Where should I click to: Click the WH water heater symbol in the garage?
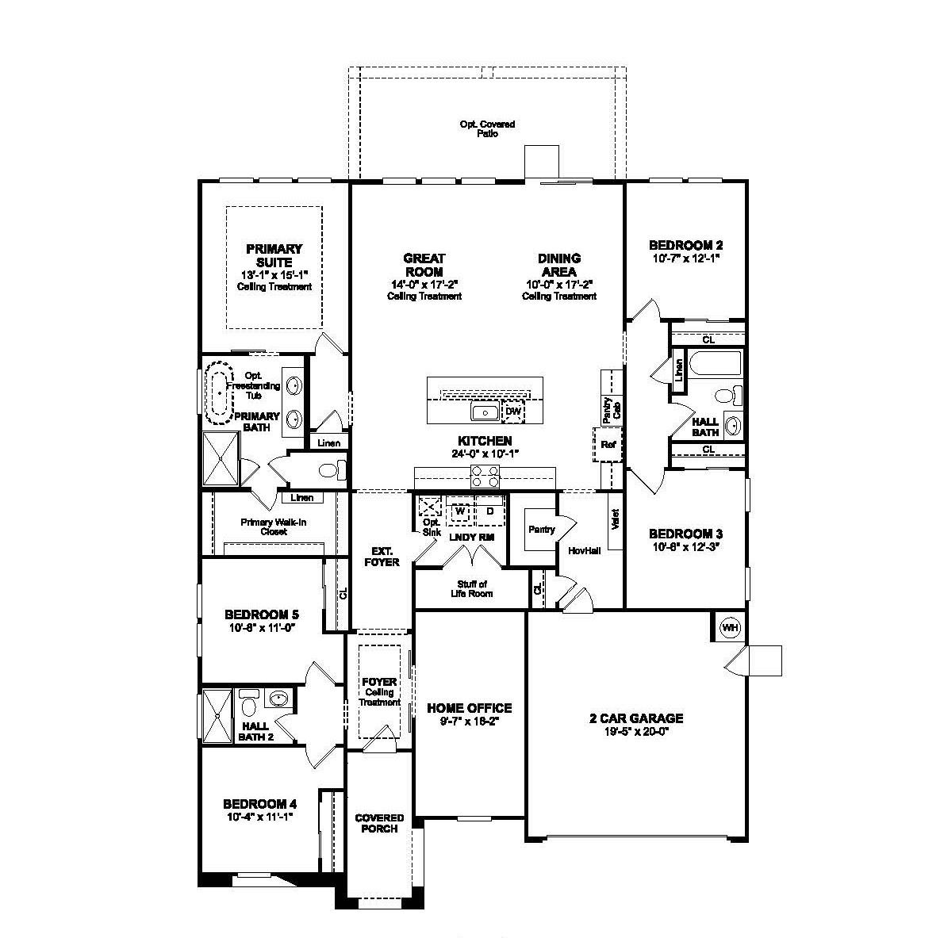pyautogui.click(x=729, y=628)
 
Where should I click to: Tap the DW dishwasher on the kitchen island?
pyautogui.click(x=513, y=412)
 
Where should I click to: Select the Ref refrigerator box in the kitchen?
pyautogui.click(x=608, y=445)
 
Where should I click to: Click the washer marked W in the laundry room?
pyautogui.click(x=459, y=511)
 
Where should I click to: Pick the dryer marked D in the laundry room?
pyautogui.click(x=490, y=511)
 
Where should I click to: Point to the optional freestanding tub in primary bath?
pyautogui.click(x=218, y=392)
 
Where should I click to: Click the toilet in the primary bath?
pyautogui.click(x=331, y=470)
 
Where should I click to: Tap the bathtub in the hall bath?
pyautogui.click(x=716, y=364)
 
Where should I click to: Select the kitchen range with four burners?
pyautogui.click(x=485, y=477)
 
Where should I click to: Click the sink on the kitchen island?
pyautogui.click(x=484, y=412)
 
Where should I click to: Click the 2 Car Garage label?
pyautogui.click(x=635, y=718)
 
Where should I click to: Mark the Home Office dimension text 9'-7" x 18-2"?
pyautogui.click(x=470, y=722)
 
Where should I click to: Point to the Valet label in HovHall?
pyautogui.click(x=615, y=519)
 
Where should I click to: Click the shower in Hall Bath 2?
pyautogui.click(x=217, y=717)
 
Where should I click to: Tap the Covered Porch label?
pyautogui.click(x=379, y=823)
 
